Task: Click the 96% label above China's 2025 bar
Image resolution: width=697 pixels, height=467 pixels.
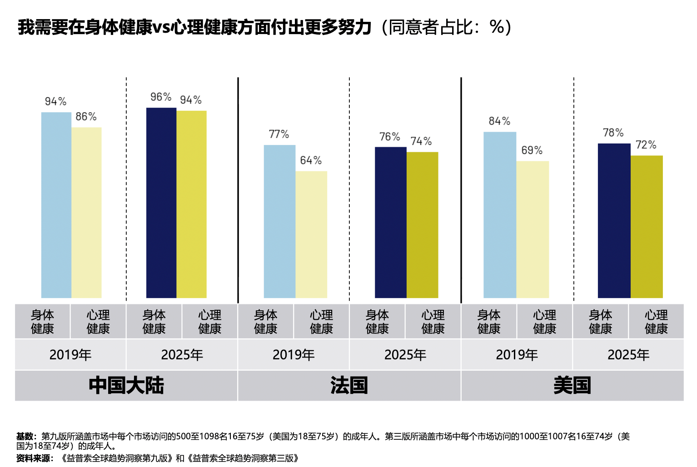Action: pos(161,97)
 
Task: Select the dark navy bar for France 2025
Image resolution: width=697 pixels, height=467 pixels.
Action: pos(390,223)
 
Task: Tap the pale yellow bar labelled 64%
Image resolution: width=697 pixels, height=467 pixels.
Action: pos(311,234)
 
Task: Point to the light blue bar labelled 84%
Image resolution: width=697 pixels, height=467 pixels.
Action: pos(500,215)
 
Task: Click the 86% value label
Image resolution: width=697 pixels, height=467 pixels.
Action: pos(86,117)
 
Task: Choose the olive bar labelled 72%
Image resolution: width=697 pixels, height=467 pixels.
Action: pos(647,227)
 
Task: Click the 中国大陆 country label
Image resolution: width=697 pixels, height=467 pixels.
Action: pos(126,385)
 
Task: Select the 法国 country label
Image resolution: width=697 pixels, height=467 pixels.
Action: pos(349,385)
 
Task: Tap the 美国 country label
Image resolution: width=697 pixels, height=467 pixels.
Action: pos(572,385)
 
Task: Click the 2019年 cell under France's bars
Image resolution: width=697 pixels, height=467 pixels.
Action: pos(294,355)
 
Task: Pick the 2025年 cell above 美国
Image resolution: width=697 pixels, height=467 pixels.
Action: pos(628,355)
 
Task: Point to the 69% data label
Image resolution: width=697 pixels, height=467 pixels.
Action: pos(532,150)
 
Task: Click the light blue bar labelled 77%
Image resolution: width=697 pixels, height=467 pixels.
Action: pos(280,222)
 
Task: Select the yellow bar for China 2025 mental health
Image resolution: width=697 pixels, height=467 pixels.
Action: pos(191,204)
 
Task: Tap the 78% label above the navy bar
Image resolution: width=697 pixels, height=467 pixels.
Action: pos(613,133)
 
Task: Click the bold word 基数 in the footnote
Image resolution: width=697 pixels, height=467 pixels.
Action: pos(24,436)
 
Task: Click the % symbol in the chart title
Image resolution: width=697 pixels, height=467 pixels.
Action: pos(497,27)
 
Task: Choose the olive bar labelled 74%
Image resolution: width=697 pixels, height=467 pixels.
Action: pos(422,225)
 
